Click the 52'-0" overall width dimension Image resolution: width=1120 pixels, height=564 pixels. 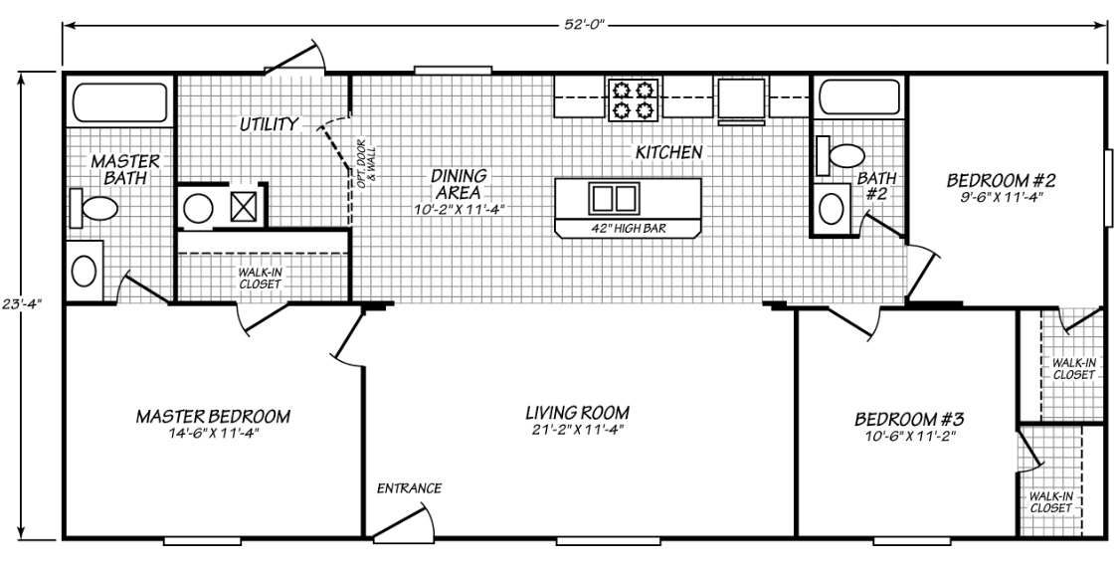[584, 20]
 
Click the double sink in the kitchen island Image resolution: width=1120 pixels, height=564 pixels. [614, 198]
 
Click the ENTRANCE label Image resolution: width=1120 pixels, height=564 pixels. [408, 488]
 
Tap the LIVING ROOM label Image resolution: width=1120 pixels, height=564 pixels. [578, 413]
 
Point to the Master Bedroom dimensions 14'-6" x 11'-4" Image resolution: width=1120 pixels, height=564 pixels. [213, 433]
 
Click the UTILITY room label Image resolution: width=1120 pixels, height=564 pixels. [268, 124]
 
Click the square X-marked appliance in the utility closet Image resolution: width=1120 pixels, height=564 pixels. [244, 208]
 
